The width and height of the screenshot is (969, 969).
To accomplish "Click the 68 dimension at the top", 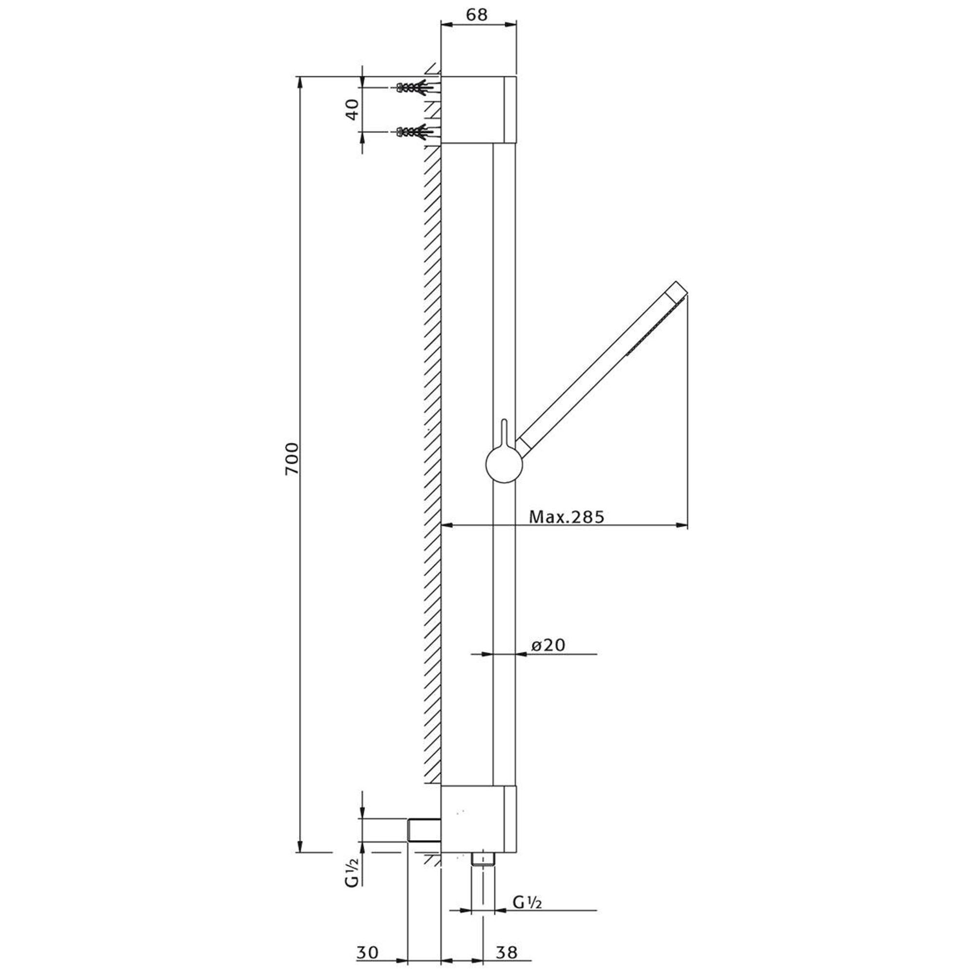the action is click(x=476, y=15).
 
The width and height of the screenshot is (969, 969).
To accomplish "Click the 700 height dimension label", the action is click(x=291, y=459).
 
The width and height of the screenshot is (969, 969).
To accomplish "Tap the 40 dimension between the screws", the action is click(x=353, y=109).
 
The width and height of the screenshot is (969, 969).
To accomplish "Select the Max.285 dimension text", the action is click(x=567, y=516).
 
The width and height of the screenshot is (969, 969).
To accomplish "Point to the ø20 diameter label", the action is click(x=548, y=644).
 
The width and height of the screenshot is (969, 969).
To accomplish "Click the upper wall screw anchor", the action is click(x=415, y=87).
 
